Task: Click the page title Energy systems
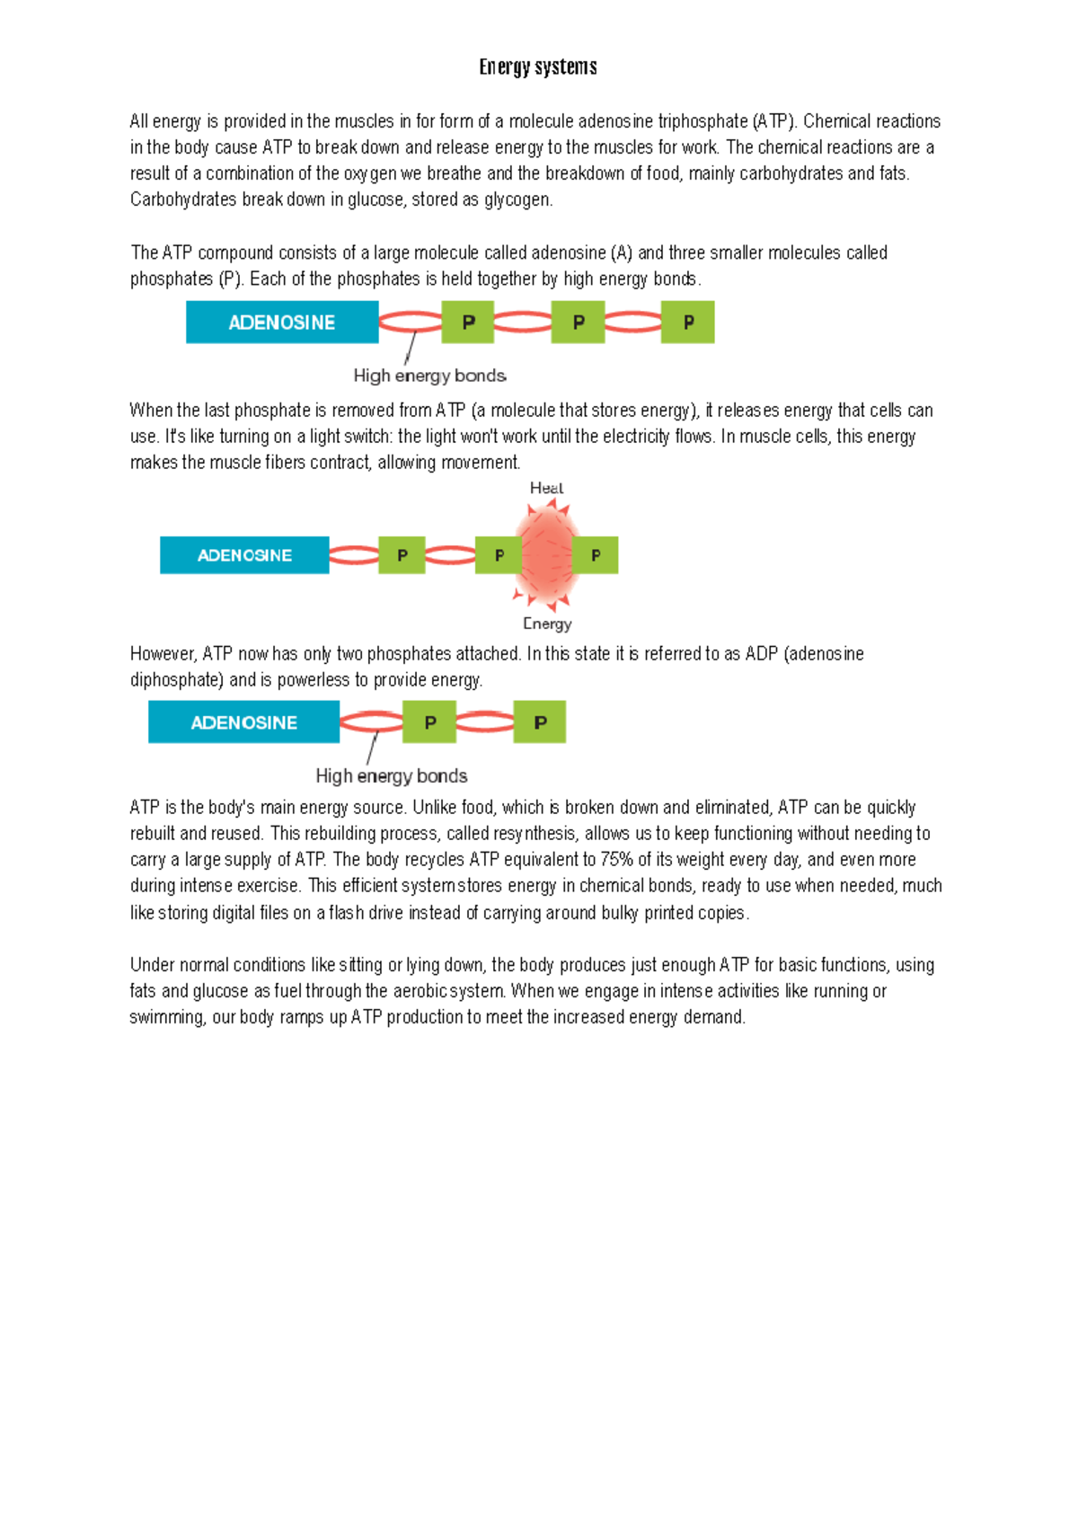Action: [537, 67]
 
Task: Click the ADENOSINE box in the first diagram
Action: [282, 323]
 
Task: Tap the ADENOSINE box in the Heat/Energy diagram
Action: [244, 555]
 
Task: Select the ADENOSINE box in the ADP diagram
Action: [243, 722]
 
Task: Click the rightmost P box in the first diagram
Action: [688, 323]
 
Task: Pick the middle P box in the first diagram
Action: [578, 323]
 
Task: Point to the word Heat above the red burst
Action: [546, 488]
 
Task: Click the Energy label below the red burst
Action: [546, 624]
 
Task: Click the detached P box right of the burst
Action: [596, 555]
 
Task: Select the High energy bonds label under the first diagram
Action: [429, 376]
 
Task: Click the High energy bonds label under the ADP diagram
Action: [391, 775]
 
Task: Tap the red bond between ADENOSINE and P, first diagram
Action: [411, 322]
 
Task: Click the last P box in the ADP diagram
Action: [540, 722]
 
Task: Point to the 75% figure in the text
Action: [617, 860]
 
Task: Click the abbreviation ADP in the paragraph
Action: [762, 654]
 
